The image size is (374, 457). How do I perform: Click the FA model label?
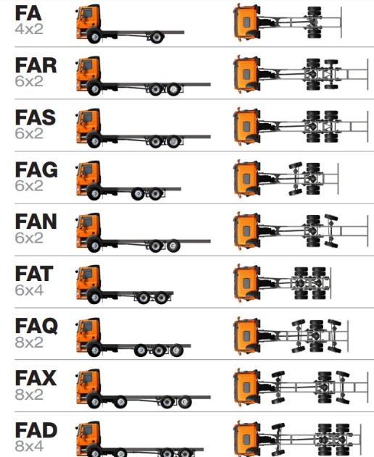(28, 14)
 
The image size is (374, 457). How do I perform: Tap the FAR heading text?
(36, 66)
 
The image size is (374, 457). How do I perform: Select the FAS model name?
(36, 118)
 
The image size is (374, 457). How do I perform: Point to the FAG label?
(36, 170)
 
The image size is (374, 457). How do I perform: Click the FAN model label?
(36, 222)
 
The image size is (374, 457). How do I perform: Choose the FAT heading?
(34, 274)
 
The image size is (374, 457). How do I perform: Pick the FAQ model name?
(36, 327)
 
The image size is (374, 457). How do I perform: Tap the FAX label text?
(36, 378)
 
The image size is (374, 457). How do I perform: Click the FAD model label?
(36, 430)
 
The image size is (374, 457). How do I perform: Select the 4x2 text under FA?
(29, 29)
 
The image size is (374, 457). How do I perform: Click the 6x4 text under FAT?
(29, 290)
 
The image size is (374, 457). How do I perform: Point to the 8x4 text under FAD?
(29, 446)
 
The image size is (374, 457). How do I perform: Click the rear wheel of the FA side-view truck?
(157, 37)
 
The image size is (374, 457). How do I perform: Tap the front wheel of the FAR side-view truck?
(94, 89)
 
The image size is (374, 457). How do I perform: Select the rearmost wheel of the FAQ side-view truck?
(177, 351)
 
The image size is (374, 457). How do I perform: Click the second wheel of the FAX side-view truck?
(120, 402)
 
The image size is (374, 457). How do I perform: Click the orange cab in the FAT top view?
(246, 282)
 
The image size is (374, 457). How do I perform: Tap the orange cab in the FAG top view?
(246, 179)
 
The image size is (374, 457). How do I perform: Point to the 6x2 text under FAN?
(29, 238)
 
